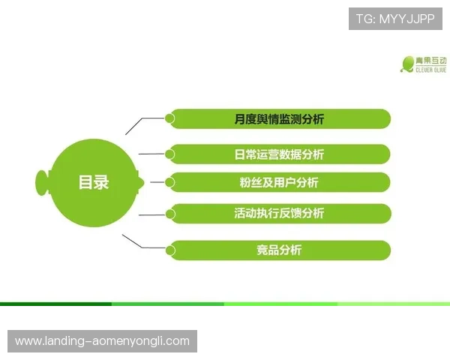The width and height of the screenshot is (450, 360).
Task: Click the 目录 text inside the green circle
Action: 94,181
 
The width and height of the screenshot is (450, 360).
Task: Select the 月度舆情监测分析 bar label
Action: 279,119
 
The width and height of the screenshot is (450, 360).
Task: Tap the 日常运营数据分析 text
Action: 279,154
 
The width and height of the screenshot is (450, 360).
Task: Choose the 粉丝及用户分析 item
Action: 279,182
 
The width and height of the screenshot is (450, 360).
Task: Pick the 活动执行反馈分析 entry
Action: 279,213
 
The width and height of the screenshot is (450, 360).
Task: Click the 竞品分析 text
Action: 279,250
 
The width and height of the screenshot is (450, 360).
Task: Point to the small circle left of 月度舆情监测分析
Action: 170,118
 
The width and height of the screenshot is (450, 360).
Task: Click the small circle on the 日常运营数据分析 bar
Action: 170,154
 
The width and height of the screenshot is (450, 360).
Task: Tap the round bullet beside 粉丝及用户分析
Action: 170,181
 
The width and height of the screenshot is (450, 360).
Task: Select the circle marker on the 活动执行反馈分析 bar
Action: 170,213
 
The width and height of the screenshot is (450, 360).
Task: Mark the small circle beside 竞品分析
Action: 170,249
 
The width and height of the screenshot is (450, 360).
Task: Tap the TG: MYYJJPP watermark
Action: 395,19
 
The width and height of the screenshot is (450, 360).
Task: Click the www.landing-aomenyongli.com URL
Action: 102,341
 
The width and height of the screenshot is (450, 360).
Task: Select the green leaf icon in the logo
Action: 408,64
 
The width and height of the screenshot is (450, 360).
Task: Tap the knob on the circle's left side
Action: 42,181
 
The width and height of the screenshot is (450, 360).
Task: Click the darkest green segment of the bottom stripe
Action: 56,304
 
